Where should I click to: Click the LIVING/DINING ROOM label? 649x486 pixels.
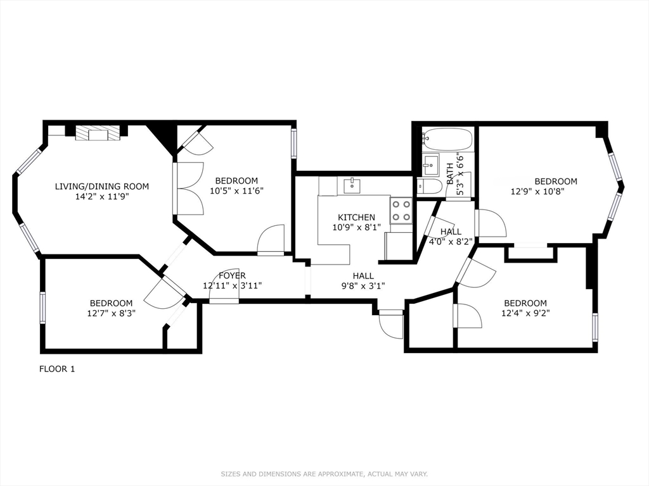coord(102,186)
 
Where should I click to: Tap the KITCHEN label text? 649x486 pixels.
coord(356,217)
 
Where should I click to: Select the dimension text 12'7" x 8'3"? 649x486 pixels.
coord(111,313)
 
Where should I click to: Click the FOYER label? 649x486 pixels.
coord(233,275)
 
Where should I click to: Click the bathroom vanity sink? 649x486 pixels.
coord(432,164)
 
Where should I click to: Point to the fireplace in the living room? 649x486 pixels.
coord(98,133)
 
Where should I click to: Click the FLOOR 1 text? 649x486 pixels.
coord(57,369)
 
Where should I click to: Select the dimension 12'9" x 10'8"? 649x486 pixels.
coord(537,191)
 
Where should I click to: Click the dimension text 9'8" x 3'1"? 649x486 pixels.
coord(363,285)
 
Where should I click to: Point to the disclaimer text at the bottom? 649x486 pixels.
coord(324,473)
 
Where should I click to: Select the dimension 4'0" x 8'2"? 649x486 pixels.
coord(451,241)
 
